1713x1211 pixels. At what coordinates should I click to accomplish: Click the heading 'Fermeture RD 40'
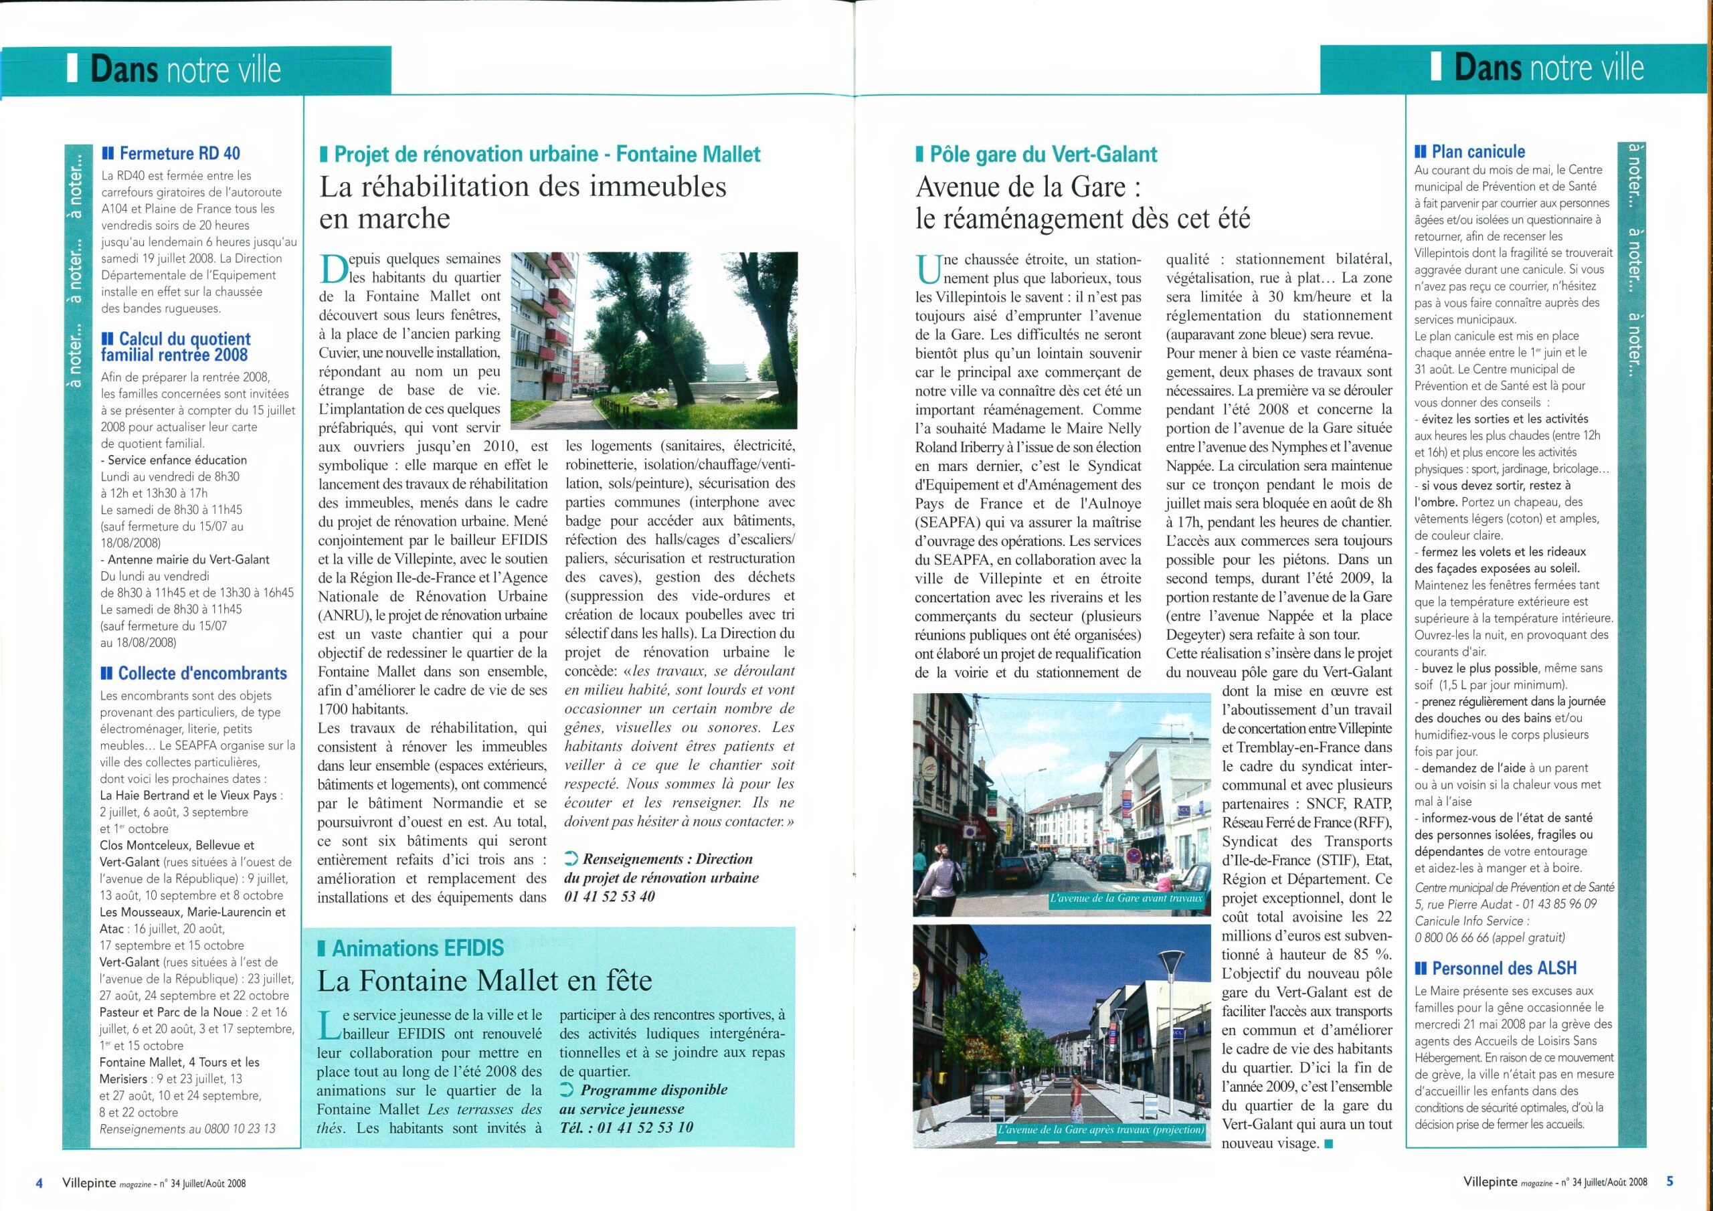point(179,154)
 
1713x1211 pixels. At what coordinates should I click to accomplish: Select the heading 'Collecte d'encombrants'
point(201,673)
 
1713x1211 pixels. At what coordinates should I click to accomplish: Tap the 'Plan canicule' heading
point(1478,151)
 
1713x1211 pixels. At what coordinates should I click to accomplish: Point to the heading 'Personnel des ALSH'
point(1504,969)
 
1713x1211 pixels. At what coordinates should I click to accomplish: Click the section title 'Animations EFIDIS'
point(417,948)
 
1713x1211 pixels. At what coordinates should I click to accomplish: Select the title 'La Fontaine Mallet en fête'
point(484,980)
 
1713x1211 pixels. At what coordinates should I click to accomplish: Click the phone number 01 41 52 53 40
point(610,897)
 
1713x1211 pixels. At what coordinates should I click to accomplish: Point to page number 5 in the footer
point(1670,1181)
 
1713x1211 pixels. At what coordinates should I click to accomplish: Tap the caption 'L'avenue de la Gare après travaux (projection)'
point(1101,1129)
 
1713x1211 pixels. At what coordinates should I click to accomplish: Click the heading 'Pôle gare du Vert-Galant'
point(1043,155)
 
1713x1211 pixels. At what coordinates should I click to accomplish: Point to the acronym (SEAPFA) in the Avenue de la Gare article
point(945,523)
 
